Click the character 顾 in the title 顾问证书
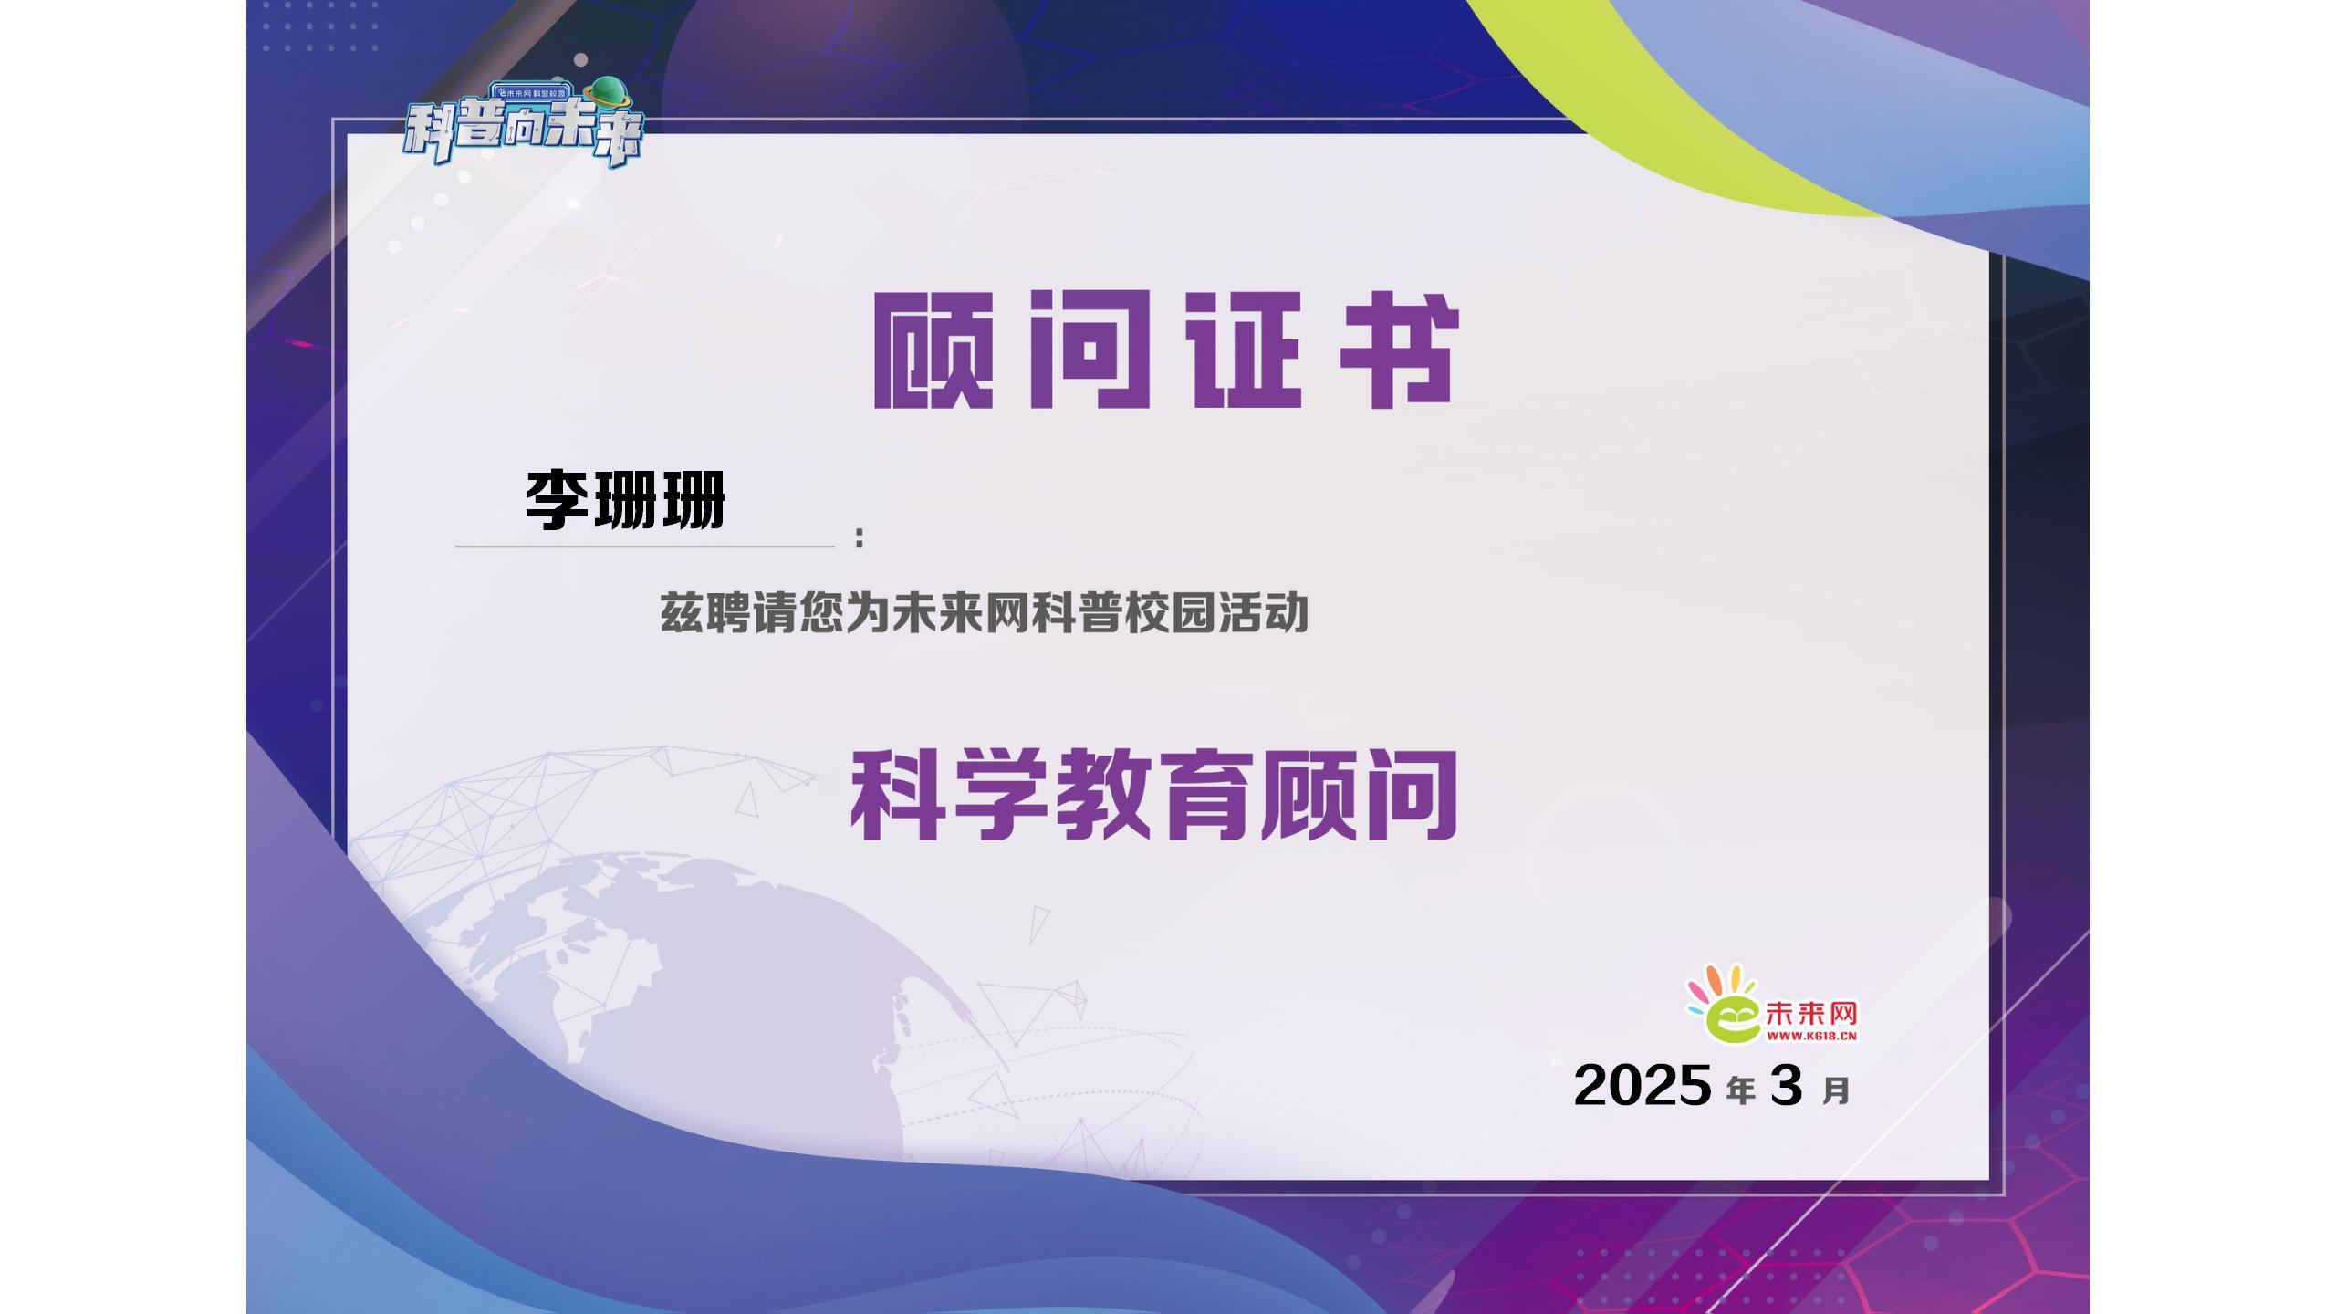pos(933,350)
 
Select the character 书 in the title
pos(1400,350)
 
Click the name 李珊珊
pos(625,499)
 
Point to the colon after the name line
pos(860,537)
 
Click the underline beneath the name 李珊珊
pos(645,547)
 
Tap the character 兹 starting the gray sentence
pos(682,613)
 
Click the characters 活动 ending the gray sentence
pos(1264,613)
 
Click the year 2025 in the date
pos(1642,1085)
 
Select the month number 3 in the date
pos(1787,1085)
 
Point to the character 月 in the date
pos(1836,1090)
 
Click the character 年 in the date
pos(1740,1090)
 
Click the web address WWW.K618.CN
pos(1811,1036)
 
